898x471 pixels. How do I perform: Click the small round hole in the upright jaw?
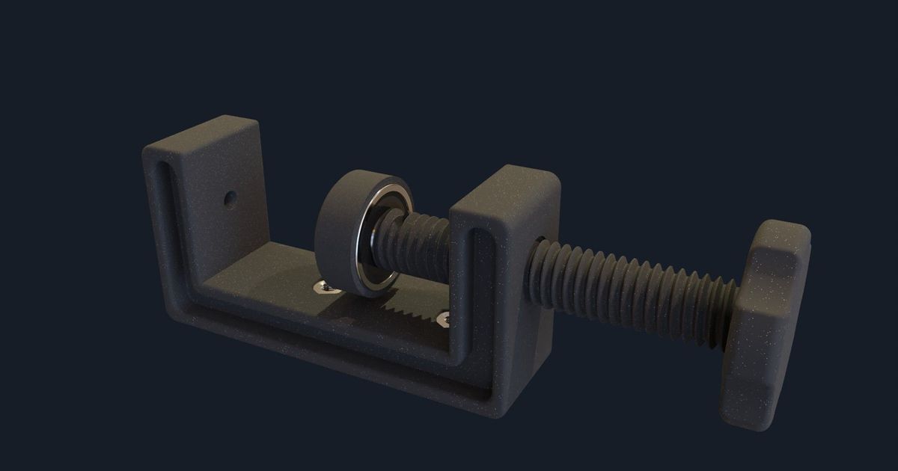(230, 199)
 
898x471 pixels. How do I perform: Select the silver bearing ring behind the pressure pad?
(382, 239)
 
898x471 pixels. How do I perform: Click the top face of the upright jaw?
(202, 135)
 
